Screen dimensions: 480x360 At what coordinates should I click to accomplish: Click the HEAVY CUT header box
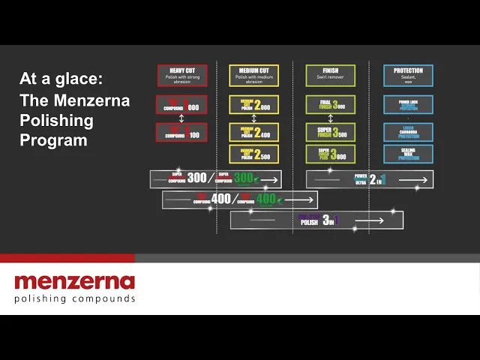pos(182,75)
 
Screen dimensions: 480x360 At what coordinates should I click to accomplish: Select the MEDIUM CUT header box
pos(253,75)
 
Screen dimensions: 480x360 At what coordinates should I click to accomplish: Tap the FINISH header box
pos(330,75)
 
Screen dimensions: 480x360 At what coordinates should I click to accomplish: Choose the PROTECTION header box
pos(408,75)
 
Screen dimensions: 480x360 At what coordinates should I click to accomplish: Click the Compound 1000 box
pos(182,105)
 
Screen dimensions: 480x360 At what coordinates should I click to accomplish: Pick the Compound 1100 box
pos(182,132)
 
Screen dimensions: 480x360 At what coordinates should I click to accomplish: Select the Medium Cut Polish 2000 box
pos(253,105)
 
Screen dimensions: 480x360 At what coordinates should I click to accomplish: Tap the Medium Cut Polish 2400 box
pos(253,132)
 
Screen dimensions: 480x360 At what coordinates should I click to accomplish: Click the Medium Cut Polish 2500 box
pos(253,154)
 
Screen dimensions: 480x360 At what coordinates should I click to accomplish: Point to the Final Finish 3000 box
pos(330,105)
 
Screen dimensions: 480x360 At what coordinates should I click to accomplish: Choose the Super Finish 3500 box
pos(330,132)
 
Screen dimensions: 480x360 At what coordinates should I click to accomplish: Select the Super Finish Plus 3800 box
pos(330,154)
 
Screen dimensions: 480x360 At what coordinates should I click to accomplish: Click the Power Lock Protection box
pos(408,105)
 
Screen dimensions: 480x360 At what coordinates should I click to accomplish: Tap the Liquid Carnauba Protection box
pos(408,132)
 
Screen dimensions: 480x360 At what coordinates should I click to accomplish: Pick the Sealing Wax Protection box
pos(408,154)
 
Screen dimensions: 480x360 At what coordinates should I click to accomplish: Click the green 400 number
pos(267,199)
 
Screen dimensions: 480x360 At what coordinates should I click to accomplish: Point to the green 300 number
pos(244,178)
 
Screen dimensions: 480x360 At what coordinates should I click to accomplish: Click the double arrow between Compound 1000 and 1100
pos(182,118)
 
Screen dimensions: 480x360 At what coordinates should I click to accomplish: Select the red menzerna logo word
pos(74,282)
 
